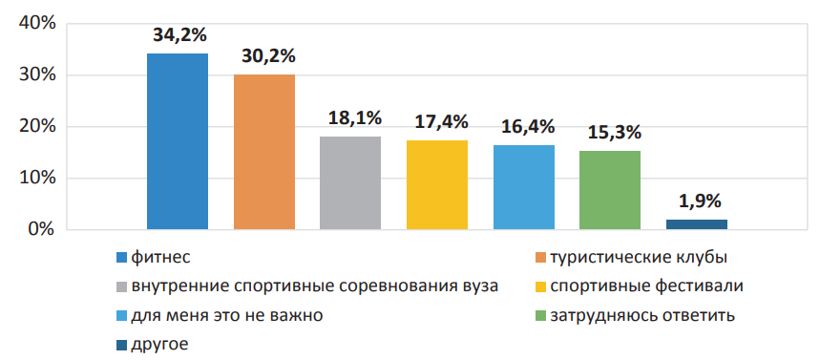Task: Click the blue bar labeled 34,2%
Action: point(177,141)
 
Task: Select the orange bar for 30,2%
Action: point(264,152)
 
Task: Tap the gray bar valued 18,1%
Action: point(350,182)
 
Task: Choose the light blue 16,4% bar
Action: point(524,187)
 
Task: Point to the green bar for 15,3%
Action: point(610,190)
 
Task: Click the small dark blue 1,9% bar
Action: point(697,224)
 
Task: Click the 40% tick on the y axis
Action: point(36,24)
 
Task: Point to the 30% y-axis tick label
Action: point(36,75)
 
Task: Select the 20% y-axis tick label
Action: point(36,127)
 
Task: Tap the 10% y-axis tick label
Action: point(36,179)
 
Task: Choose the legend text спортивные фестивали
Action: point(645,286)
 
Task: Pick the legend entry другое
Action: point(159,344)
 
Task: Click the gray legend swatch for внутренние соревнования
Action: point(121,286)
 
